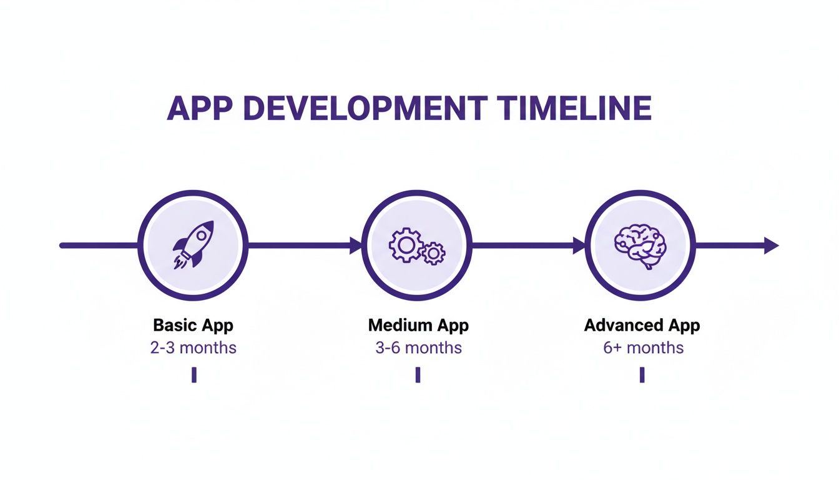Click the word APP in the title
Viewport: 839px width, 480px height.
pyautogui.click(x=199, y=109)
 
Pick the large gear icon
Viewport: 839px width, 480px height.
pyautogui.click(x=405, y=243)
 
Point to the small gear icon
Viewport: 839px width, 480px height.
pyautogui.click(x=433, y=253)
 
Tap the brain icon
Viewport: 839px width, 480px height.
pyautogui.click(x=640, y=246)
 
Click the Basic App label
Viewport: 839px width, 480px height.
pyautogui.click(x=193, y=326)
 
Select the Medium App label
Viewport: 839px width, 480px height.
pyautogui.click(x=418, y=326)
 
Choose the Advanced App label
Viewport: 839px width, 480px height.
pyautogui.click(x=642, y=326)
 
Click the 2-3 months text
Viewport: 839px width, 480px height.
pyautogui.click(x=194, y=347)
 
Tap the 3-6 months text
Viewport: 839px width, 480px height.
pyautogui.click(x=418, y=347)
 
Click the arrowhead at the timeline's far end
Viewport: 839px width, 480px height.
pyautogui.click(x=772, y=246)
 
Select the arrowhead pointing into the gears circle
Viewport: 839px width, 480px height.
pyautogui.click(x=356, y=246)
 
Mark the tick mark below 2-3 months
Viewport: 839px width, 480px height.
pyautogui.click(x=194, y=374)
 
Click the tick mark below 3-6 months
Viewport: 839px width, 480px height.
pyautogui.click(x=418, y=374)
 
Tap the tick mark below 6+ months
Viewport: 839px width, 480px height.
pyautogui.click(x=642, y=374)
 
